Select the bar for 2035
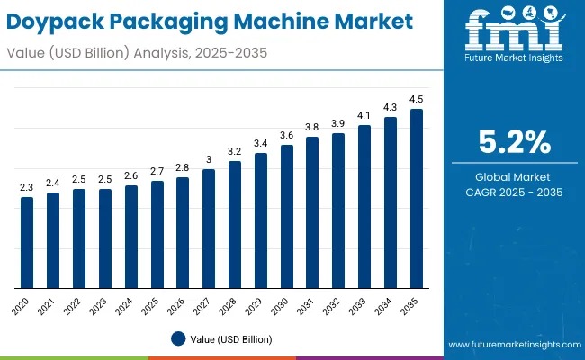click(x=417, y=199)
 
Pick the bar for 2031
click(x=312, y=212)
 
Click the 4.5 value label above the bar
click(x=417, y=99)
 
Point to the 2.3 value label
click(x=27, y=187)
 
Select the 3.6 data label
click(x=286, y=135)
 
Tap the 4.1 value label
click(x=364, y=115)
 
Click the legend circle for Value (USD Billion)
click(x=179, y=339)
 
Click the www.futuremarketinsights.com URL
click(x=512, y=345)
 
